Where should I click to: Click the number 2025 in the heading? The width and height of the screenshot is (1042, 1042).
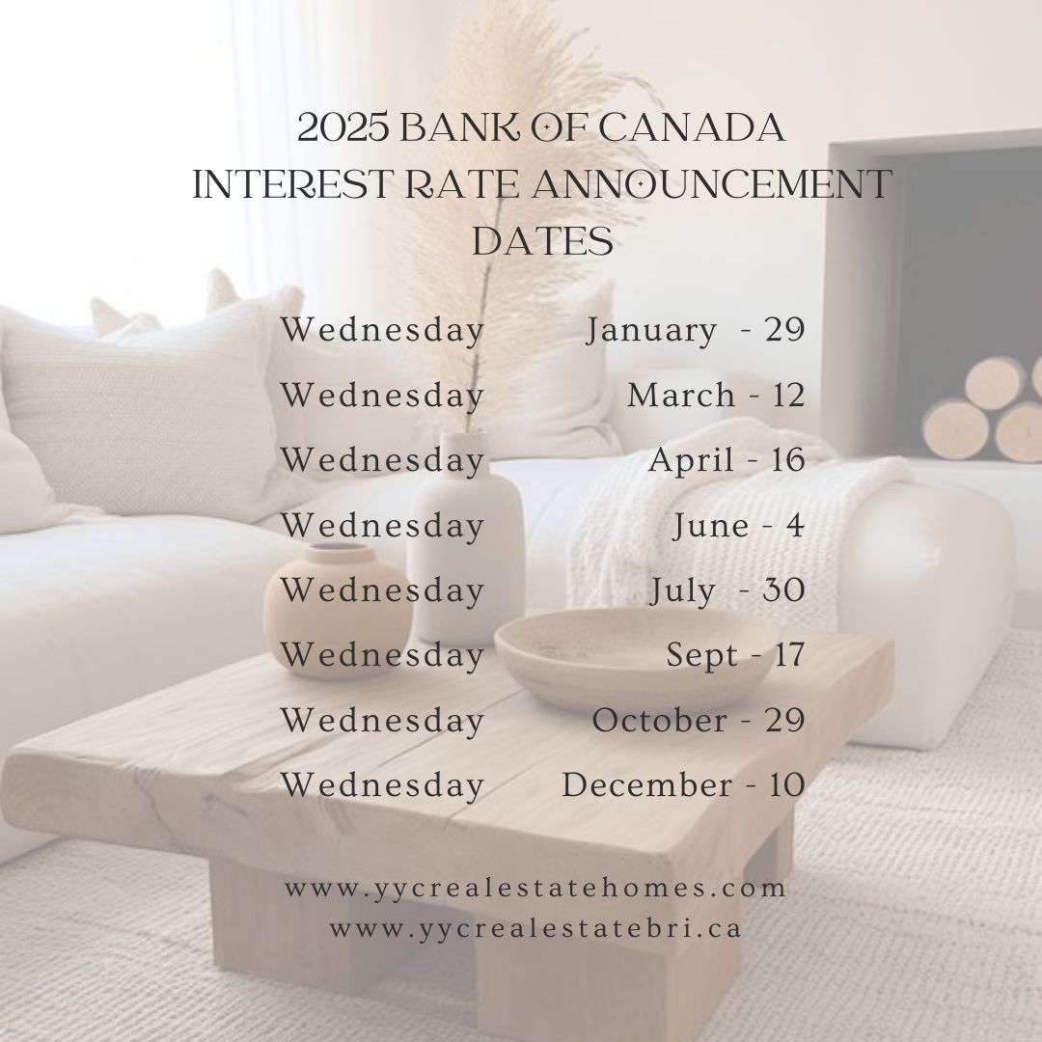pyautogui.click(x=343, y=127)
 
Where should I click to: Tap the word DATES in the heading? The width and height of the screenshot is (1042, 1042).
pyautogui.click(x=542, y=240)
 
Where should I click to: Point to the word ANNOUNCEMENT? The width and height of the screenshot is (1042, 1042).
pyautogui.click(x=711, y=184)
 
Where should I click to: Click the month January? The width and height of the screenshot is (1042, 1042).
pyautogui.click(x=651, y=330)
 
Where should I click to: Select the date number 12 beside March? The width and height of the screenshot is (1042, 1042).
pyautogui.click(x=789, y=396)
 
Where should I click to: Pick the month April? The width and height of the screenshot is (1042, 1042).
pyautogui.click(x=691, y=461)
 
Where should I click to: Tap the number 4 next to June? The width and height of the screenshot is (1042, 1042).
pyautogui.click(x=795, y=526)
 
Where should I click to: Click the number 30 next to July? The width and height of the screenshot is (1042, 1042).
pyautogui.click(x=784, y=590)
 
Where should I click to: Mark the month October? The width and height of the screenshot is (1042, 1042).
pyautogui.click(x=660, y=721)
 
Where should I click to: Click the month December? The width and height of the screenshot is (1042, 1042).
pyautogui.click(x=647, y=785)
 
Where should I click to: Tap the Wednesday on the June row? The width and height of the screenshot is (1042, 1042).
pyautogui.click(x=382, y=527)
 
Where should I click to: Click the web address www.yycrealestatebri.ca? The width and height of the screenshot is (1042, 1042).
pyautogui.click(x=535, y=929)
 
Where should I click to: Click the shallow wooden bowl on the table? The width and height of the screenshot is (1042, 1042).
pyautogui.click(x=637, y=658)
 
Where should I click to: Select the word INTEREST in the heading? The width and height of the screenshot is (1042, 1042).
pyautogui.click(x=291, y=184)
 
